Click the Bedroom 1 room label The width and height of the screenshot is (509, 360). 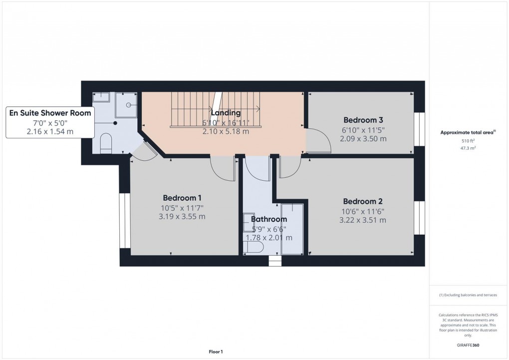[182, 198]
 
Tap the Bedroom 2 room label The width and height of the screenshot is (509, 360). [362, 201]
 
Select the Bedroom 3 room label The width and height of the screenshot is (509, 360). [363, 120]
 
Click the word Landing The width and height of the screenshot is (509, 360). [226, 113]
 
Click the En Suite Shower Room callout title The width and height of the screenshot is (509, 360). [50, 113]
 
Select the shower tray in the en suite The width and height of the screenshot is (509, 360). [127, 104]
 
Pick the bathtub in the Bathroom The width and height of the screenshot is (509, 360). [292, 229]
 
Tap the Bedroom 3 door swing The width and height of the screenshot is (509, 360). [319, 141]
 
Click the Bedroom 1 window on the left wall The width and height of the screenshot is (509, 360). [122, 220]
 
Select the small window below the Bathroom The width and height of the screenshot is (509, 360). [274, 261]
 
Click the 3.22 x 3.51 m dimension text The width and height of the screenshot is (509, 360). [362, 220]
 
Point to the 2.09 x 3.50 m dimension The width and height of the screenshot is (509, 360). [363, 138]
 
